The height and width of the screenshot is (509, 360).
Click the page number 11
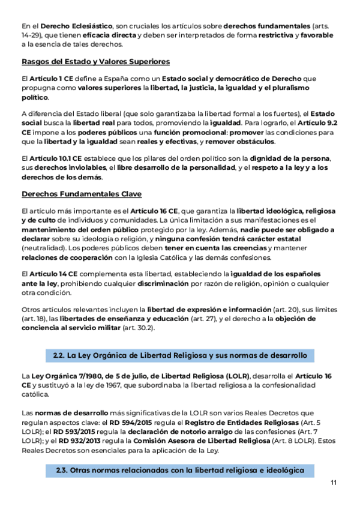point(334,483)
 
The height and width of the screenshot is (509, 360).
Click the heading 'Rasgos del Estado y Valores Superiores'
point(95,61)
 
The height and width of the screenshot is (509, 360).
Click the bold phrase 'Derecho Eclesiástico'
point(76,26)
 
